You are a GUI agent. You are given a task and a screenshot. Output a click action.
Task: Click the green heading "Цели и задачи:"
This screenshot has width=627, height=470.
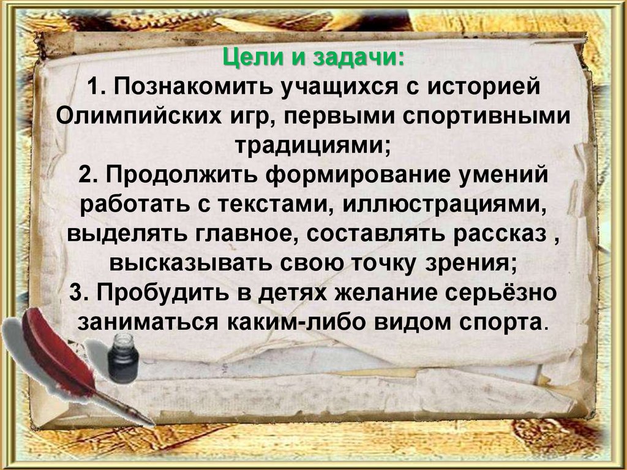coord(313,60)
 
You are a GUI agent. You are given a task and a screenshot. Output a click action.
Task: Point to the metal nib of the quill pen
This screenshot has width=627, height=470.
coord(140,417)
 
